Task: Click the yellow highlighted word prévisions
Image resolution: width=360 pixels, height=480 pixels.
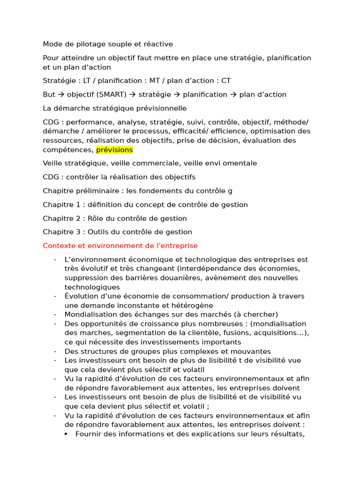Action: click(x=114, y=150)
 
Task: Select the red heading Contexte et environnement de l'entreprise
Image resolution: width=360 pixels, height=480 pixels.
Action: click(x=120, y=246)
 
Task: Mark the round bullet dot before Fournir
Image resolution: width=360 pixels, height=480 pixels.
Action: click(x=66, y=434)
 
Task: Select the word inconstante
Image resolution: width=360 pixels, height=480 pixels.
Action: click(x=119, y=305)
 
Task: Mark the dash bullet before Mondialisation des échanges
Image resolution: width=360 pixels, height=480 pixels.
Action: click(x=55, y=315)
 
